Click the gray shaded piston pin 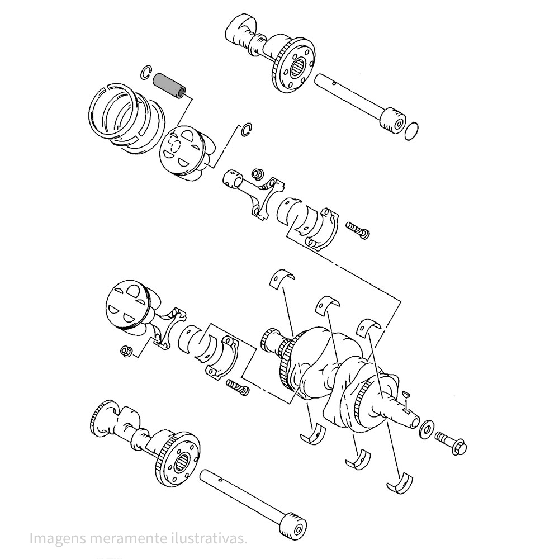point(169,86)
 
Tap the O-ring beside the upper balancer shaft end point(412,131)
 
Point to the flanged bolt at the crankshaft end point(451,442)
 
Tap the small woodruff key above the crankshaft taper point(406,394)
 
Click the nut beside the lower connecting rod point(125,351)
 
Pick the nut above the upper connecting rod point(256,174)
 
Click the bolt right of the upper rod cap point(358,230)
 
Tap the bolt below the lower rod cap point(238,387)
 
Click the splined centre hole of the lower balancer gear point(181,463)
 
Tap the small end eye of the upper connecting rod point(231,178)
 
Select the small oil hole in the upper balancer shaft point(333,84)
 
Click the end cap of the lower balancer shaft point(294,524)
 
